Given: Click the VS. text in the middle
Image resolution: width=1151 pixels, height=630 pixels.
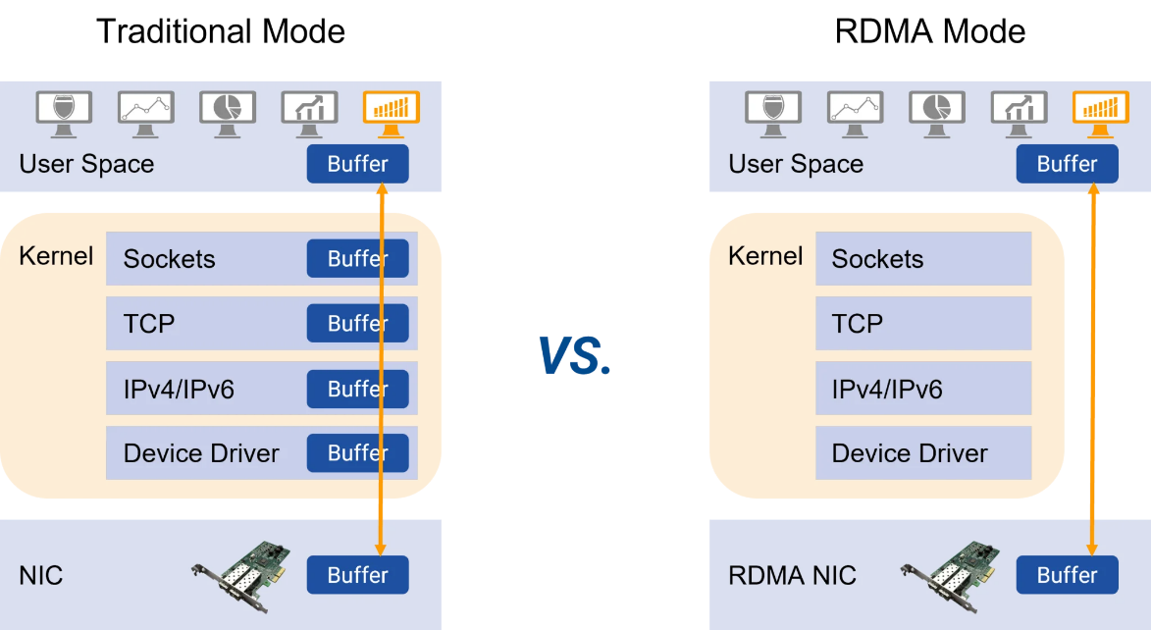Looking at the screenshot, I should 575,355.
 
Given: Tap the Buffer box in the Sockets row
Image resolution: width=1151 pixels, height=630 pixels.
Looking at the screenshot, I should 357,258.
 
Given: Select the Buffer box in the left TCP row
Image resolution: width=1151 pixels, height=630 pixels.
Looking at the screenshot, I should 357,323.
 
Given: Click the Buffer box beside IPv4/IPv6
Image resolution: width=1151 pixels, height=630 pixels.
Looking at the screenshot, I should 357,389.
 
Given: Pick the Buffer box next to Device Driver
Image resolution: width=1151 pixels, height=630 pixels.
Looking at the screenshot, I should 357,452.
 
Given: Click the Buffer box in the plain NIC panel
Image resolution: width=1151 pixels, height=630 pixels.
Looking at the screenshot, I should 357,575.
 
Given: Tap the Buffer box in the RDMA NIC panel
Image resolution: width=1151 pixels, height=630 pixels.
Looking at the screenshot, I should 1067,575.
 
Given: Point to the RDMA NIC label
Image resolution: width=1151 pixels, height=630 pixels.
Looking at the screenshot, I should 792,575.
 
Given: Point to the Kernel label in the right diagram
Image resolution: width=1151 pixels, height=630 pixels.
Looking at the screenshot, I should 765,257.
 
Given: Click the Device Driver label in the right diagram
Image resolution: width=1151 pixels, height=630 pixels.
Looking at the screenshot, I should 910,453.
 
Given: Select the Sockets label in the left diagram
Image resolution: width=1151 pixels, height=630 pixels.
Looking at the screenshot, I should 169,259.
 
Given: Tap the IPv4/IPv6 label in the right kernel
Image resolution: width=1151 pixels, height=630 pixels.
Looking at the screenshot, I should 887,390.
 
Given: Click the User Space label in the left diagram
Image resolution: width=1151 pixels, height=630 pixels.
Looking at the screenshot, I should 86,164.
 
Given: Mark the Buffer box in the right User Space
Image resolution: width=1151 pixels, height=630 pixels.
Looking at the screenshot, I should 1067,164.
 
